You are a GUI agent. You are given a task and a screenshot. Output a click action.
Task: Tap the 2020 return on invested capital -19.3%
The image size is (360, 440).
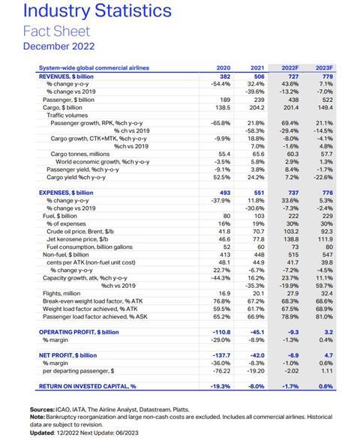(x=220, y=385)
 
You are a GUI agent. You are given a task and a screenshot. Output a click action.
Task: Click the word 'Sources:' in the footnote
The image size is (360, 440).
(x=43, y=409)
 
